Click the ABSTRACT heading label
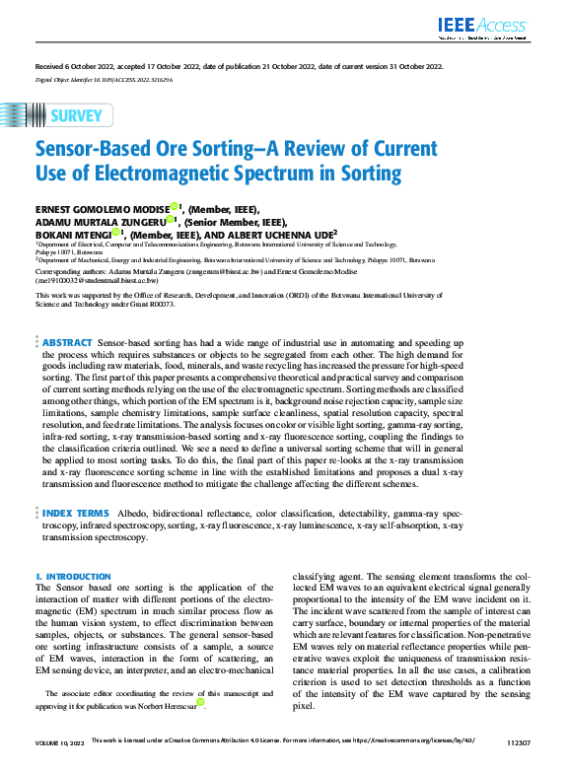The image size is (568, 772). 67,341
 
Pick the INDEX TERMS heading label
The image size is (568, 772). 75,515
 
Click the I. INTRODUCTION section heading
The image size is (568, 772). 73,576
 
